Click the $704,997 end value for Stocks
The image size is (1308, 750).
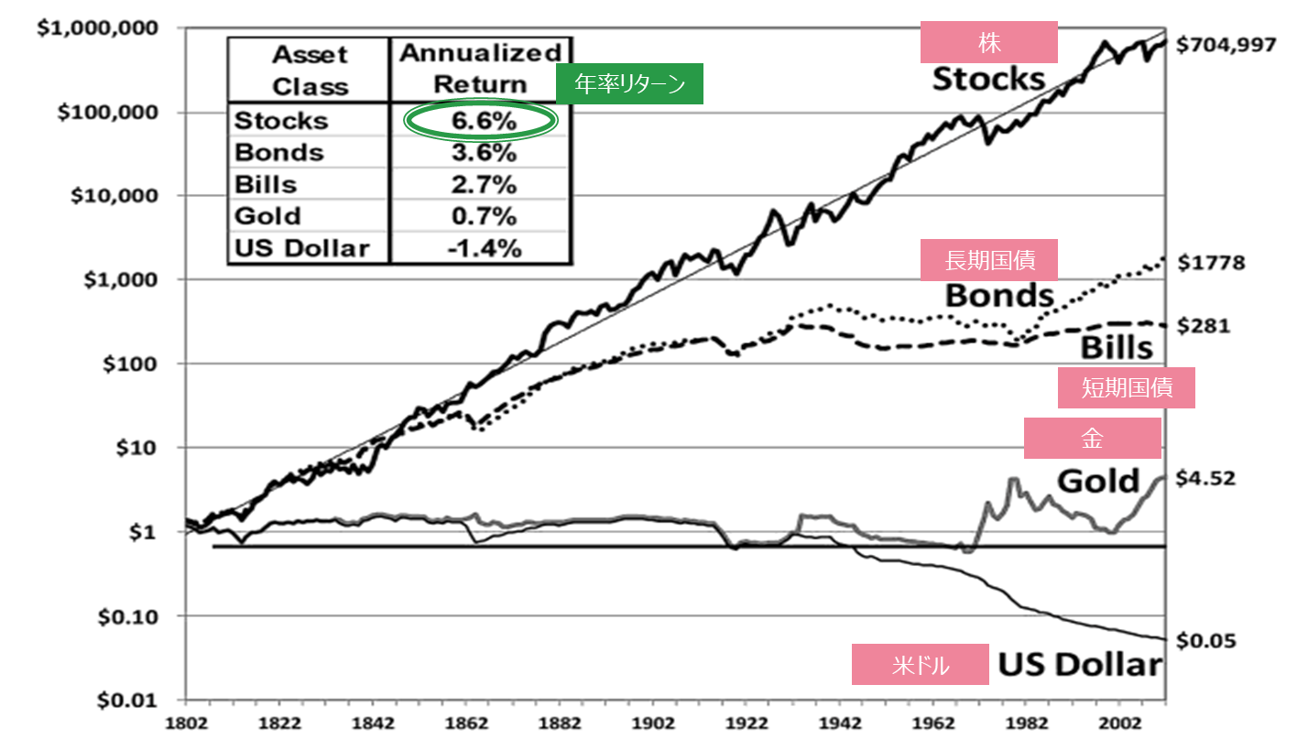(1226, 45)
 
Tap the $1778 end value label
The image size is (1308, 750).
(1211, 263)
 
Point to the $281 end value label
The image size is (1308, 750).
(1204, 326)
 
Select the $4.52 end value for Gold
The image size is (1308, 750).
(1205, 479)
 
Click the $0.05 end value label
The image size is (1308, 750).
(1205, 641)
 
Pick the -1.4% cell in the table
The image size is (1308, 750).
(484, 249)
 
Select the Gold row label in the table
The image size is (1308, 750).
(268, 216)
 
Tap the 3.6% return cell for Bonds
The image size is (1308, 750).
(484, 153)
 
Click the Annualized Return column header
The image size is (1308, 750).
(481, 69)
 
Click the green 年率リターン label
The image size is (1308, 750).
(629, 84)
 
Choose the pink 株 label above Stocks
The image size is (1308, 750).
(989, 42)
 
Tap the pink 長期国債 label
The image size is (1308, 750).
(989, 260)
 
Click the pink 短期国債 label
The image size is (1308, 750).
(1127, 387)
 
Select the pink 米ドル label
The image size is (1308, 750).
(921, 664)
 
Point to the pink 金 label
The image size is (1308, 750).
(1093, 439)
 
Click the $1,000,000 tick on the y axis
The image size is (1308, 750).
(97, 28)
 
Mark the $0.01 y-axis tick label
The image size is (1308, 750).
(127, 701)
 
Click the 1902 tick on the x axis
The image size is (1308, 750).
(653, 723)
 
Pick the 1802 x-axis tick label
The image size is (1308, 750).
(186, 723)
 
